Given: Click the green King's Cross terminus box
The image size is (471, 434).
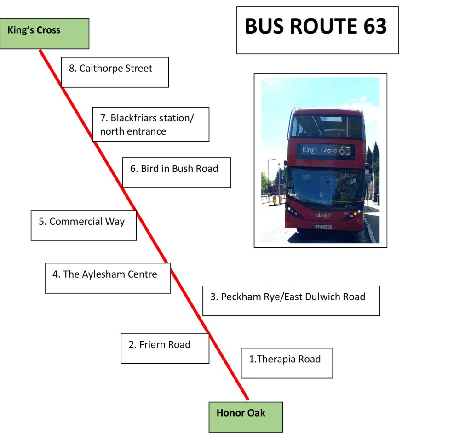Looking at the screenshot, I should point(44,34).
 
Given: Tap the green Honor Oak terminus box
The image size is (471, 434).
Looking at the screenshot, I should point(246,417).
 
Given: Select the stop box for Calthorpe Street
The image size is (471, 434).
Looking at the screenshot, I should point(115,72).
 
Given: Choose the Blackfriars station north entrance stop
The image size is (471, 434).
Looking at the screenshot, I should point(150,124).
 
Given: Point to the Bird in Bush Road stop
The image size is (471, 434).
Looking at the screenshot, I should point(176,172).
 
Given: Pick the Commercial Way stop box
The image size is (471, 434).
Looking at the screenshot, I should point(83,225).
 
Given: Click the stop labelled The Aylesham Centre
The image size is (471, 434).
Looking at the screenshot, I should point(108,278).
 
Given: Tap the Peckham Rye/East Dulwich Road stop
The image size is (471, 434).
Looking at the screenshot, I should point(291,301).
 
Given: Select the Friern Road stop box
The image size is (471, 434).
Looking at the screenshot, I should point(165,348).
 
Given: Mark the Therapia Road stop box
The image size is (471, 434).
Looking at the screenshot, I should point(287,363).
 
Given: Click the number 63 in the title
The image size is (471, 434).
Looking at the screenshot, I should point(375,27).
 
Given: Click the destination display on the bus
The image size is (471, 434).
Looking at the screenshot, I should point(326,150).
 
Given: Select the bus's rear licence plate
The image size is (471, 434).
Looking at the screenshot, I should point(323,227).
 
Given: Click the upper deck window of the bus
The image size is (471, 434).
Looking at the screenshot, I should point(326,126).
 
